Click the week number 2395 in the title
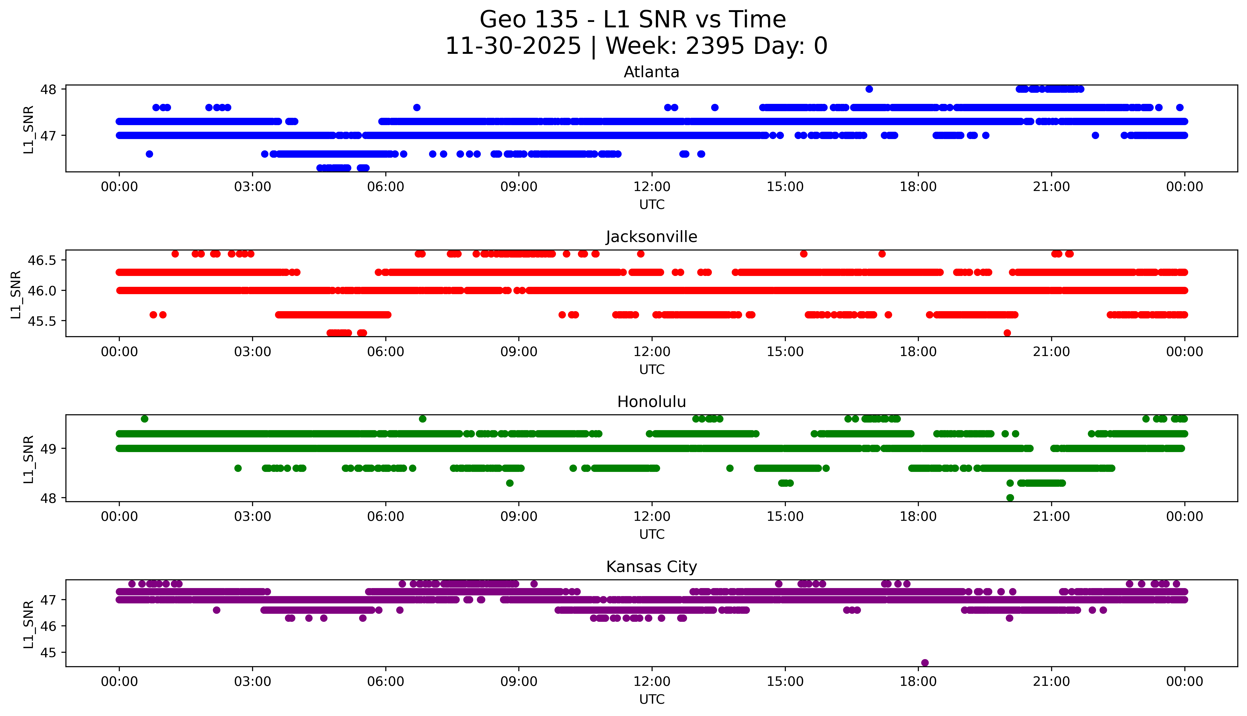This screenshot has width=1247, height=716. (x=714, y=46)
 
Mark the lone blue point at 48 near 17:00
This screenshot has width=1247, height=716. (x=869, y=89)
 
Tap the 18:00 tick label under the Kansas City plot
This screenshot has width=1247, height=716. (x=918, y=682)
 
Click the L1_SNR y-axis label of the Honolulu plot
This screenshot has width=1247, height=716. (x=29, y=459)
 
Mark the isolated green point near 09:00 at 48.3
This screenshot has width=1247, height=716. (x=510, y=483)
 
